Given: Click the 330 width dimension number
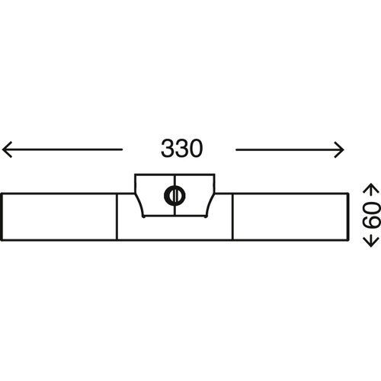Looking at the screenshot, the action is tap(182, 149).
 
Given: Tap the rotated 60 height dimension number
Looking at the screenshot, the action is tap(371, 216).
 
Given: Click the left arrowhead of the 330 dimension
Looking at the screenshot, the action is tap(7, 149).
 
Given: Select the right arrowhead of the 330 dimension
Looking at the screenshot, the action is tap(339, 150).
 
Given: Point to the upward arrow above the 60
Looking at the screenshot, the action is tap(371, 191).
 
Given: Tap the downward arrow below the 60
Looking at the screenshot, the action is tap(371, 239).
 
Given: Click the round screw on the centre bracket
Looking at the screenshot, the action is tap(174, 195).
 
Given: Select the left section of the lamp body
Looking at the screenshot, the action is tap(59, 216).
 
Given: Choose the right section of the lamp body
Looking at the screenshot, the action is tap(290, 216).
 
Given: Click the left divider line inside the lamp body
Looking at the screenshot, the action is tap(117, 216).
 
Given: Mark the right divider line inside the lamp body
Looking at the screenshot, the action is tap(232, 216).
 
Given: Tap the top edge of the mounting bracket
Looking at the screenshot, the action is tap(174, 174).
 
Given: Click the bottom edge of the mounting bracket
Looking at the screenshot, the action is tap(174, 216).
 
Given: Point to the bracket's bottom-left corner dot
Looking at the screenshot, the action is tap(143, 216).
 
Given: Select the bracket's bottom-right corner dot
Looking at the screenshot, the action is tap(206, 216).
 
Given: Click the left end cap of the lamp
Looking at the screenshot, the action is tap(2, 216).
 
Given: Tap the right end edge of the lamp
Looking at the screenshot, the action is tap(348, 216).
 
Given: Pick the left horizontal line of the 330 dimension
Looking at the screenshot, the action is tap(62, 149).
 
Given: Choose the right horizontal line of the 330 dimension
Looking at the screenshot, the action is tap(290, 150).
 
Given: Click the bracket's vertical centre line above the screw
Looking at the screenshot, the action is tap(174, 181).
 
